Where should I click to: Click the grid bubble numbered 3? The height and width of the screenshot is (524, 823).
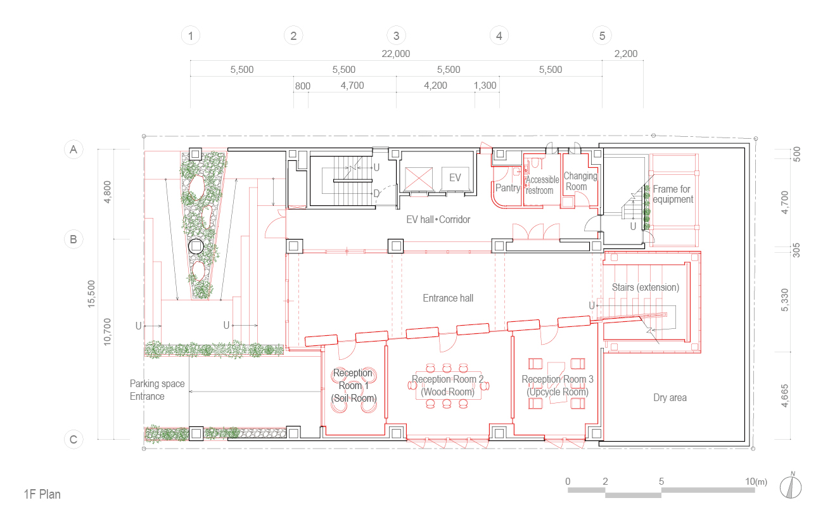click(x=396, y=35)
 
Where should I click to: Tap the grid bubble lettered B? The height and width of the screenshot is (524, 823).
click(x=73, y=240)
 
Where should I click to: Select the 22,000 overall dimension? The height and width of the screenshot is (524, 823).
click(x=396, y=54)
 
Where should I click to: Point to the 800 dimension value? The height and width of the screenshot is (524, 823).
click(x=303, y=86)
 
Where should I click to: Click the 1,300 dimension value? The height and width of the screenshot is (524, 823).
click(x=485, y=86)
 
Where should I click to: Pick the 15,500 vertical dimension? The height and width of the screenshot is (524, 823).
click(x=91, y=294)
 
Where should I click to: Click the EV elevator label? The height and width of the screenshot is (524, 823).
click(x=455, y=178)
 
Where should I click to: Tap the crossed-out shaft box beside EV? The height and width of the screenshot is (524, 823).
click(x=419, y=179)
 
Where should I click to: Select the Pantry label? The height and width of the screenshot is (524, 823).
click(x=507, y=188)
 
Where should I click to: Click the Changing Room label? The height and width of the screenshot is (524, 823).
click(x=580, y=181)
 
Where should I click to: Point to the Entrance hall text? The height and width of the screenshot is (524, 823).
click(x=448, y=298)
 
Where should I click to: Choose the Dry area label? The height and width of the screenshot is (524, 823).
click(x=670, y=397)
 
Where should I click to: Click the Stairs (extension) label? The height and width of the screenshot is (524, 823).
click(x=646, y=288)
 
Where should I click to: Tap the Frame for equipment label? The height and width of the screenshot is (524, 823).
click(x=673, y=194)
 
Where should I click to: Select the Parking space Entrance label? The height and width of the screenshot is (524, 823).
click(x=157, y=390)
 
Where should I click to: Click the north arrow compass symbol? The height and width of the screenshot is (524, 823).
click(x=791, y=486)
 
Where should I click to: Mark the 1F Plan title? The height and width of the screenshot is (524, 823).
click(x=42, y=494)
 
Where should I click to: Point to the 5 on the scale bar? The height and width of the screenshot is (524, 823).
click(x=661, y=482)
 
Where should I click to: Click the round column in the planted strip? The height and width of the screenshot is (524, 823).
click(x=196, y=246)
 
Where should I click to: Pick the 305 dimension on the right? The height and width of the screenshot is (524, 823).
click(x=796, y=250)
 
